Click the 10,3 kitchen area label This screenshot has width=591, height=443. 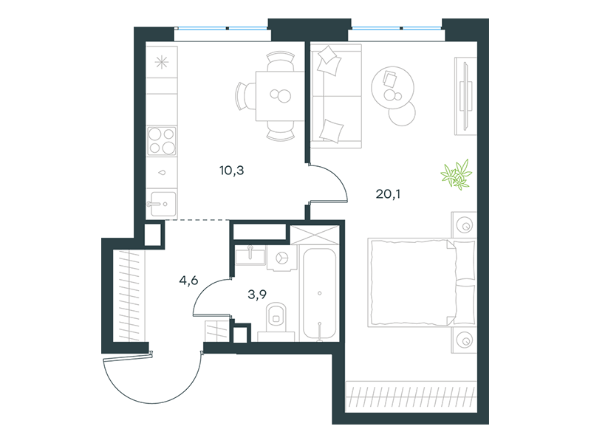(232, 171)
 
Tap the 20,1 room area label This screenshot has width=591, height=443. (388, 194)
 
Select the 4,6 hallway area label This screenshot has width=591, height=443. (189, 281)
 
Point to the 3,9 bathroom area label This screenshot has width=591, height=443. (257, 294)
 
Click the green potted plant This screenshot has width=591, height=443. (457, 174)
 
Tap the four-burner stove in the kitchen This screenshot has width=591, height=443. (162, 141)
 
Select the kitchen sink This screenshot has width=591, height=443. (163, 205)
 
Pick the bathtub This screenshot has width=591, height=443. (320, 293)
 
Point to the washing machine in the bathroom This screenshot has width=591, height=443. (281, 258)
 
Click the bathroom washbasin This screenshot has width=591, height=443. (250, 255)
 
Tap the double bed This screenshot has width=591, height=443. (422, 282)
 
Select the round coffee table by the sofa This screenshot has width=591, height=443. (393, 88)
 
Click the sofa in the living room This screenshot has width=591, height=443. (336, 96)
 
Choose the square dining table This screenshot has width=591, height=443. (280, 96)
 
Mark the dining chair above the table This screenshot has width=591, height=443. (281, 61)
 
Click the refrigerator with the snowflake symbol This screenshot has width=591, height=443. (162, 62)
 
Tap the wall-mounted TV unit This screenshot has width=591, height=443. (466, 96)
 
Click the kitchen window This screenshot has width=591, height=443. (222, 28)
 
